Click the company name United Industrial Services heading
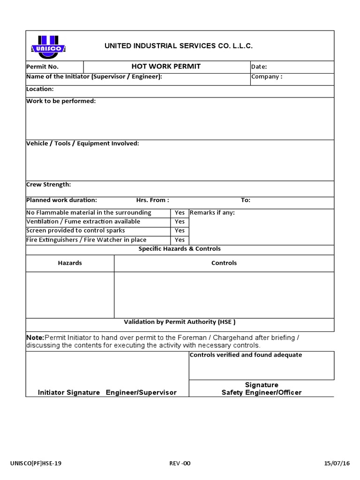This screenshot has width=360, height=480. pyautogui.click(x=178, y=46)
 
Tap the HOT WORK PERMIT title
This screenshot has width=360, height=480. pyautogui.click(x=166, y=67)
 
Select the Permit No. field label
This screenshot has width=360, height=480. pyautogui.click(x=42, y=67)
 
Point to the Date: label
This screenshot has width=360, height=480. pyautogui.click(x=259, y=67)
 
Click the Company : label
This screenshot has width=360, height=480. pyautogui.click(x=267, y=77)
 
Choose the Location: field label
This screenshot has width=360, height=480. pyautogui.click(x=40, y=89)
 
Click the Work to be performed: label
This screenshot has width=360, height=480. pyautogui.click(x=61, y=101)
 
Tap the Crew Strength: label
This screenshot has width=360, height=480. pyautogui.click(x=49, y=185)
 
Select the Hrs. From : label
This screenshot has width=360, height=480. pyautogui.click(x=152, y=200)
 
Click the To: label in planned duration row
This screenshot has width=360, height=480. pyautogui.click(x=246, y=200)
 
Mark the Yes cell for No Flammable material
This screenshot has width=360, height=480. pyautogui.click(x=180, y=213)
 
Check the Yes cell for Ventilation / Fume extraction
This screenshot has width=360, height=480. pyautogui.click(x=180, y=222)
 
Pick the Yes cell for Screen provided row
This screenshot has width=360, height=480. pyautogui.click(x=180, y=231)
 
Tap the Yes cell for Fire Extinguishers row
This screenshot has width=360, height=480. pyautogui.click(x=180, y=240)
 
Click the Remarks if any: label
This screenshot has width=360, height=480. pyautogui.click(x=212, y=213)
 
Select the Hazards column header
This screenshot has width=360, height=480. pyautogui.click(x=70, y=263)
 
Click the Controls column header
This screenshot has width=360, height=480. pyautogui.click(x=224, y=263)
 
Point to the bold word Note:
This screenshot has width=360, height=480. pyautogui.click(x=35, y=338)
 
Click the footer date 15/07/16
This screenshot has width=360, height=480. pyautogui.click(x=337, y=464)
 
